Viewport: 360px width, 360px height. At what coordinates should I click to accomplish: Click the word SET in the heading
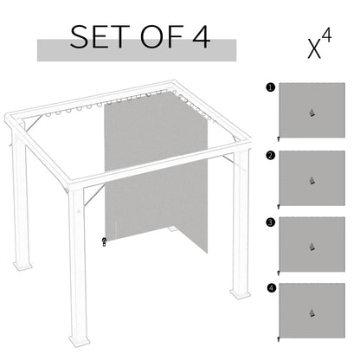[x=97, y=38]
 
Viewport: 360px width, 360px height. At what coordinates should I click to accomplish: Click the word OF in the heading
[x=155, y=38]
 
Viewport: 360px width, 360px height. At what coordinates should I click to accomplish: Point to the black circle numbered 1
[x=271, y=87]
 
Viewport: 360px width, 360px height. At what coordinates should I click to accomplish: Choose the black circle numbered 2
[x=271, y=156]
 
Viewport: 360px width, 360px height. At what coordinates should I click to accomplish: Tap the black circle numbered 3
[x=271, y=222]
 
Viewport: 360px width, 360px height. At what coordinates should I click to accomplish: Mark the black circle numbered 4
[x=271, y=287]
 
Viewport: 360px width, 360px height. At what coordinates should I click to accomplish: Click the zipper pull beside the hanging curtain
[x=105, y=241]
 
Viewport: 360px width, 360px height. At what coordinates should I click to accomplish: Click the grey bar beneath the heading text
[x=136, y=54]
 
